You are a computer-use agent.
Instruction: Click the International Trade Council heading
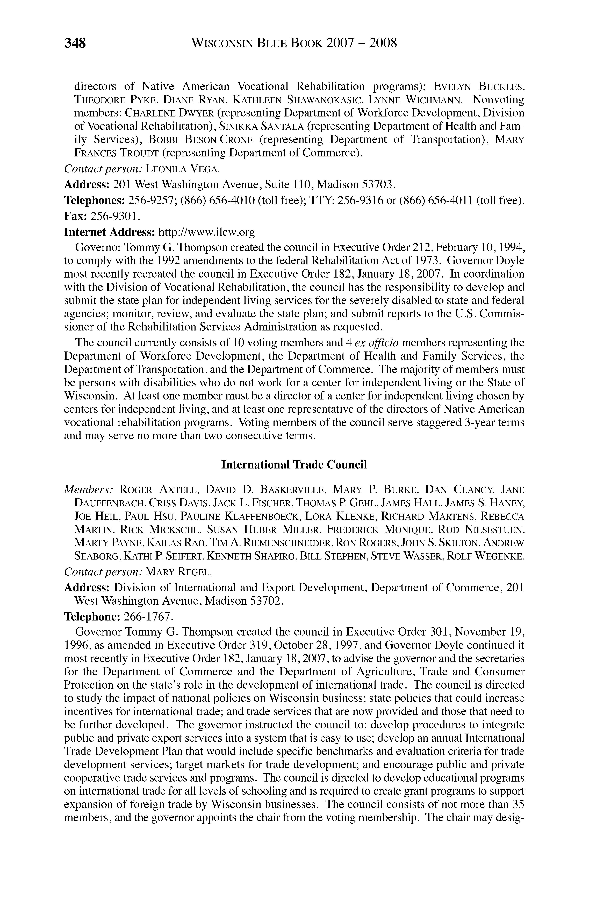(x=294, y=465)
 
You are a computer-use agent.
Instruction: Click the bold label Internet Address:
(x=110, y=232)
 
